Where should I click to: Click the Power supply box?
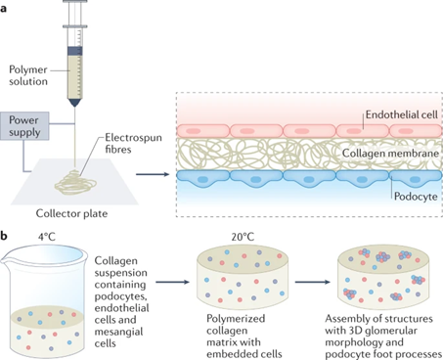pyautogui.click(x=24, y=126)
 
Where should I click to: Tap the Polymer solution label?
pyautogui.click(x=28, y=75)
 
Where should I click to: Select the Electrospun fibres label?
pyautogui.click(x=133, y=143)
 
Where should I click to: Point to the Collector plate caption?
pyautogui.click(x=71, y=213)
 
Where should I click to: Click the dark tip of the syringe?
pyautogui.click(x=74, y=103)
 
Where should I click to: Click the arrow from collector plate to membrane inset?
pyautogui.click(x=153, y=174)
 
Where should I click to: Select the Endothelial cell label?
pyautogui.click(x=402, y=114)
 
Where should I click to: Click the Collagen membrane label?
pyautogui.click(x=390, y=154)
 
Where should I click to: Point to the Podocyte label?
pyautogui.click(x=416, y=197)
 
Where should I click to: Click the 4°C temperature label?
pyautogui.click(x=47, y=237)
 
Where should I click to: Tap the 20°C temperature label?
pyautogui.click(x=243, y=237)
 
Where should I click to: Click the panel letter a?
pyautogui.click(x=3, y=9)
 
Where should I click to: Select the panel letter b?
pyautogui.click(x=4, y=236)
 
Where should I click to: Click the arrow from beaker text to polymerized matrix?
pyautogui.click(x=172, y=282)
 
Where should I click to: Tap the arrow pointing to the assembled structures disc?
pyautogui.click(x=313, y=282)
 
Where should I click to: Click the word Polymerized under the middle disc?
pyautogui.click(x=236, y=319)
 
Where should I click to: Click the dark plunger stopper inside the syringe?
pyautogui.click(x=74, y=51)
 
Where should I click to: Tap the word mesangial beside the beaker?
pyautogui.click(x=118, y=332)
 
